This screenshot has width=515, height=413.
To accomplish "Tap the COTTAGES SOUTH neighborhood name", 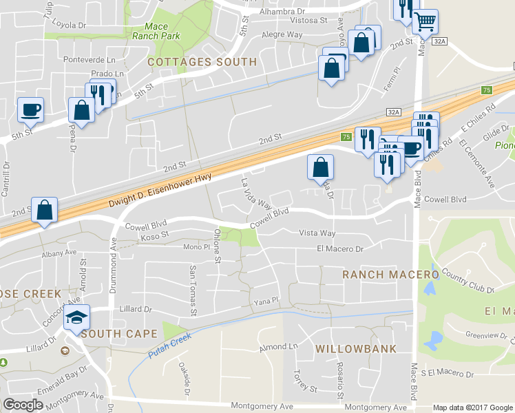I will click(202, 62).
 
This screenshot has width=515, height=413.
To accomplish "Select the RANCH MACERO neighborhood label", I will click(391, 275).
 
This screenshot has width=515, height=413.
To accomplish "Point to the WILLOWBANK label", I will click(356, 349).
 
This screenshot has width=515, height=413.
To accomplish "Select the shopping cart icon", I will click(425, 21).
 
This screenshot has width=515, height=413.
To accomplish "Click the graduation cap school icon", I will click(76, 317).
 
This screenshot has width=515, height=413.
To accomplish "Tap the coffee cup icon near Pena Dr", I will click(30, 109).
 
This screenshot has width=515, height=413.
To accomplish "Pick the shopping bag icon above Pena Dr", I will click(81, 110).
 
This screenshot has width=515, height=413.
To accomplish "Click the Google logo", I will click(23, 405).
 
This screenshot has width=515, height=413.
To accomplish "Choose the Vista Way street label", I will click(317, 234).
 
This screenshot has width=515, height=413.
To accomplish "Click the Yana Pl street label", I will click(265, 301).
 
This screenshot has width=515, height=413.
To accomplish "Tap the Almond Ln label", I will click(277, 348).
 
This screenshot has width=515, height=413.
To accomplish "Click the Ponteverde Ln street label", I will click(87, 59).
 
